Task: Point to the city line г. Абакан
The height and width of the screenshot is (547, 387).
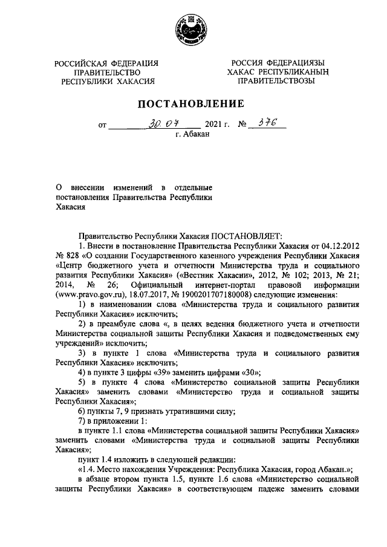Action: click(192, 135)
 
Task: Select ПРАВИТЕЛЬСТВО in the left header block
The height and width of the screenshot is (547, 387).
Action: click(106, 71)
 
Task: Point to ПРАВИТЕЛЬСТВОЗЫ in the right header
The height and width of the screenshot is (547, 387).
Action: click(276, 80)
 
